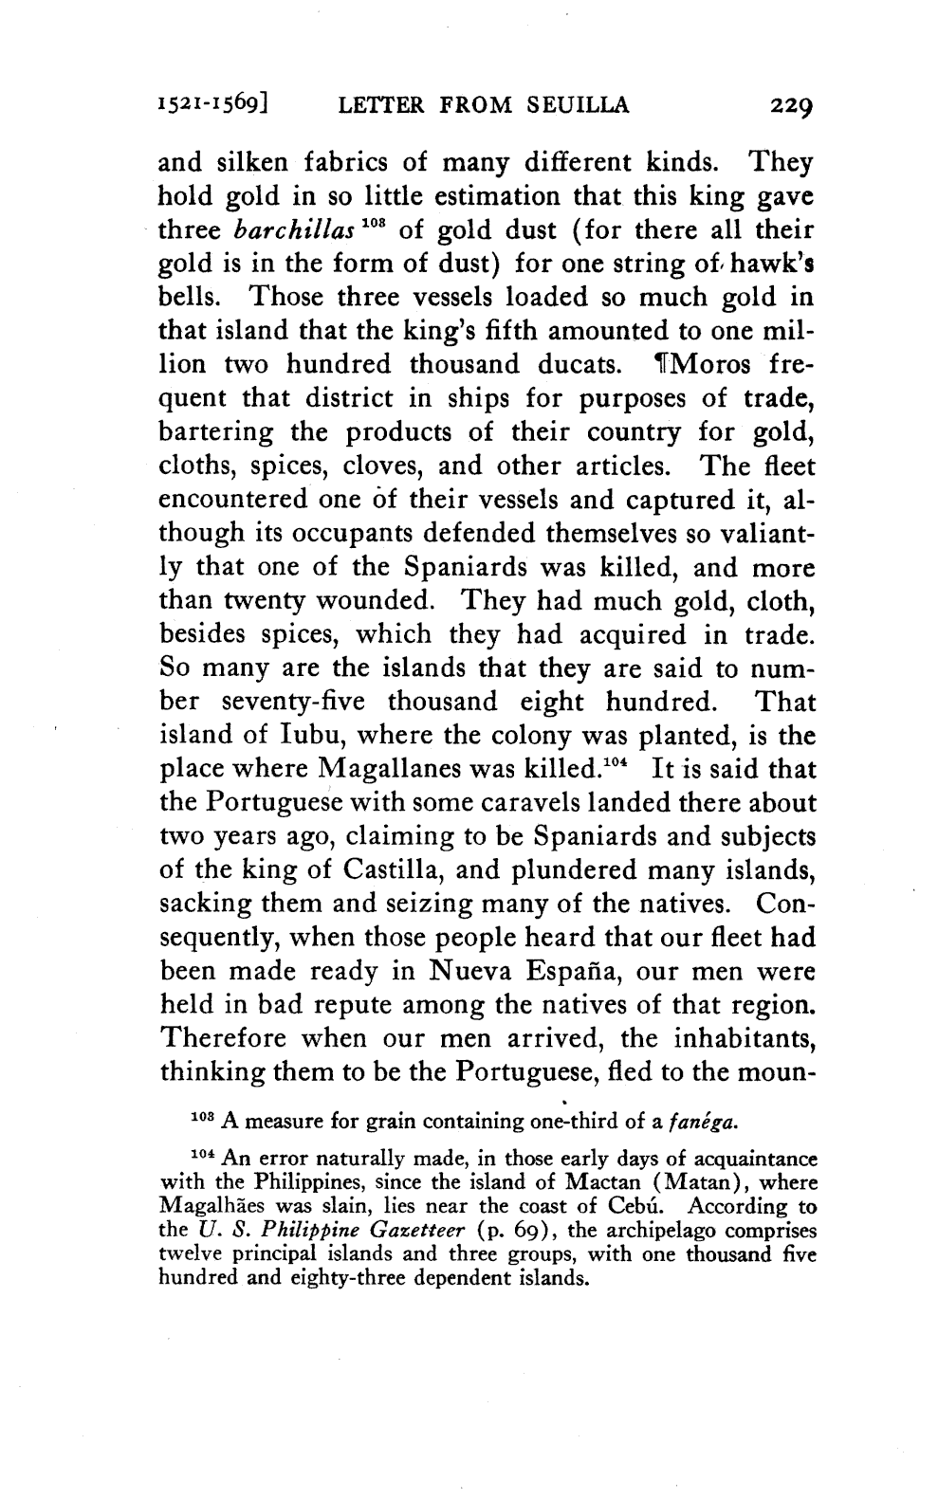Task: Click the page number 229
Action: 784,104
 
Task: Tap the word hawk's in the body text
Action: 775,265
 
